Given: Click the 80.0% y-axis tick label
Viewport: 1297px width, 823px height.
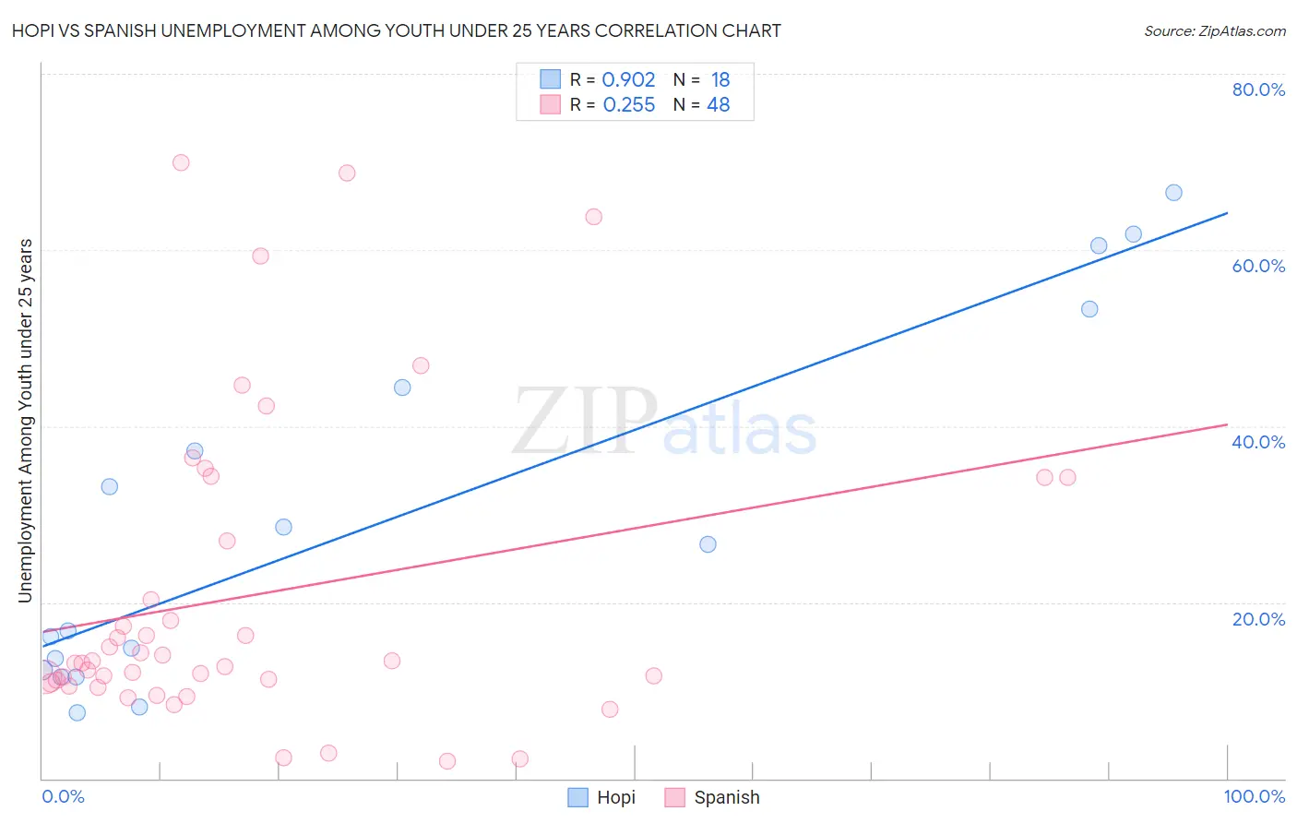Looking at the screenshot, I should [1258, 89].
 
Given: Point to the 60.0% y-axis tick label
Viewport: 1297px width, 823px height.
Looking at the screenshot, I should [1258, 266].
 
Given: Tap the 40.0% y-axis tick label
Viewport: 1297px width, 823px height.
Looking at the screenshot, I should [1258, 442].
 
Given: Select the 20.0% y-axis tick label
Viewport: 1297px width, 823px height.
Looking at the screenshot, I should [1258, 618].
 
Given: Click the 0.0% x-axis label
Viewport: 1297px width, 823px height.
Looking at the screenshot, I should [63, 796].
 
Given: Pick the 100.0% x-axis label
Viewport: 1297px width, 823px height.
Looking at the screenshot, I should [1254, 796].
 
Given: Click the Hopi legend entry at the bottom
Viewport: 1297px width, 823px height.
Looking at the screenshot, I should [601, 797].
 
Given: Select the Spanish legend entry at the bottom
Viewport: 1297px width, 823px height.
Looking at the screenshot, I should [712, 797].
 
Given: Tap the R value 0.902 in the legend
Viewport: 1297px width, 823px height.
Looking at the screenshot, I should [628, 79].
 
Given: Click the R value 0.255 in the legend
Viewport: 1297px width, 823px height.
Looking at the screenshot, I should [628, 105].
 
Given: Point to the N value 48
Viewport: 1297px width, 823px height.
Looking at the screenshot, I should [718, 105].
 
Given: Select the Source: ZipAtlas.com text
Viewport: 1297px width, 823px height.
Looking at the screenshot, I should [1214, 30].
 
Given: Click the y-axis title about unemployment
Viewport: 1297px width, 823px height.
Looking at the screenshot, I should [25, 421].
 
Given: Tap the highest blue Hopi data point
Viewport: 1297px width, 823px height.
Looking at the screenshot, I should [1173, 193].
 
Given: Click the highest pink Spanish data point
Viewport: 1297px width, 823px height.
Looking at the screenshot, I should [181, 162].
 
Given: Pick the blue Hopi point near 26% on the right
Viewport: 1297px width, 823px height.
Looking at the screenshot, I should [708, 544].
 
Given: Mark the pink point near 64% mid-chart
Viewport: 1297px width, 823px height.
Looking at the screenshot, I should [593, 217].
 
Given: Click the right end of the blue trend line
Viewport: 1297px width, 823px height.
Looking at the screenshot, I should [1227, 213].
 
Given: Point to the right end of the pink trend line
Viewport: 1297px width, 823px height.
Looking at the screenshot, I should [1227, 424].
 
